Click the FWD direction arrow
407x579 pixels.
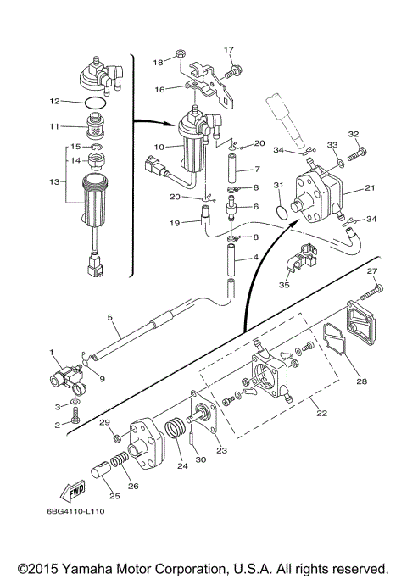pyautogui.click(x=73, y=490)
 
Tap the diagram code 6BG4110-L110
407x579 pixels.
pyautogui.click(x=75, y=511)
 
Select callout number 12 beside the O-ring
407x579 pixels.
pyautogui.click(x=54, y=101)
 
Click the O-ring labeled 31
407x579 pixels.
pyautogui.click(x=282, y=213)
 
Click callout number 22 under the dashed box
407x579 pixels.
pyautogui.click(x=321, y=413)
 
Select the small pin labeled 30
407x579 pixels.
pyautogui.click(x=192, y=438)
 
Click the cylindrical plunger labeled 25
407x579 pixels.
pyautogui.click(x=100, y=471)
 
